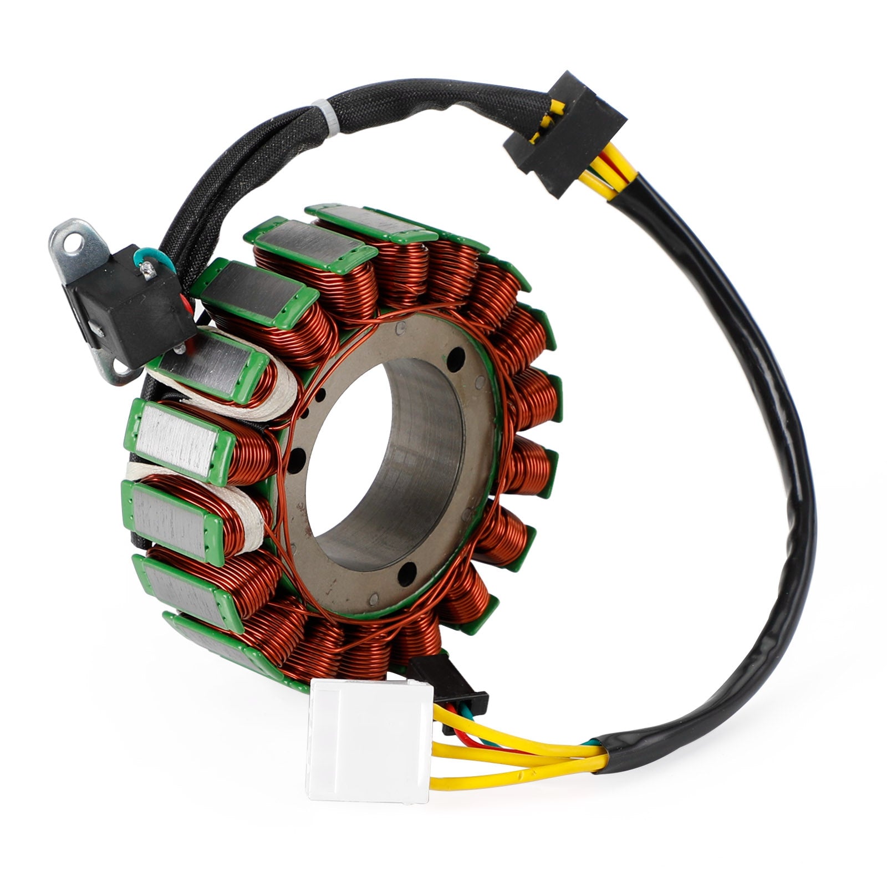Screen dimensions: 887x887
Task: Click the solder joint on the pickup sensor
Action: [147, 270]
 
